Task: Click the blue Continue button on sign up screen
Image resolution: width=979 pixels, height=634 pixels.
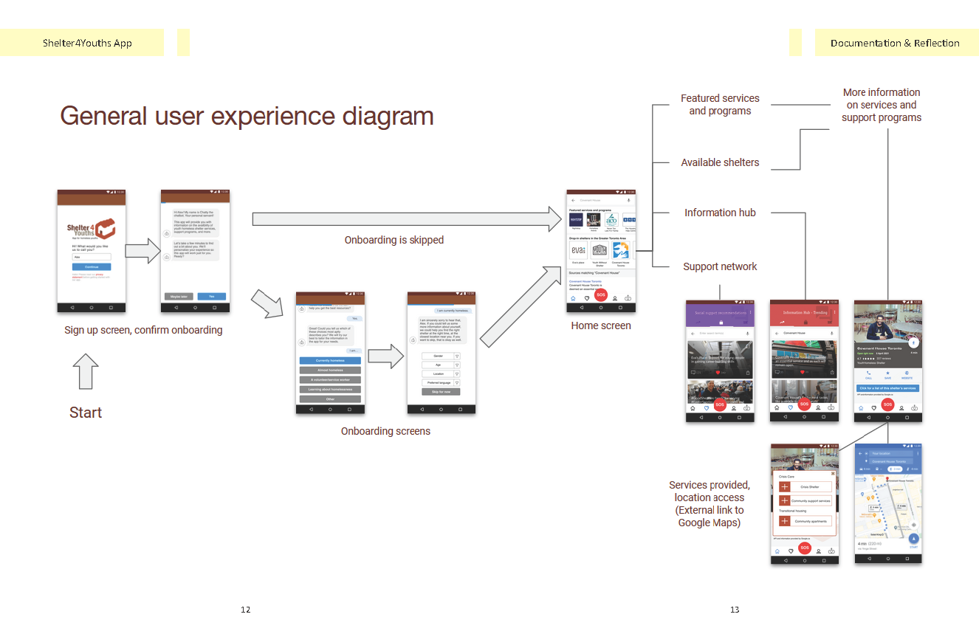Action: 92,266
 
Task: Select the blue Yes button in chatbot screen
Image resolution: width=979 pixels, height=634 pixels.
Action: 211,297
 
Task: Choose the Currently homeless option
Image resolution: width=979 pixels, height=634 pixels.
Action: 330,360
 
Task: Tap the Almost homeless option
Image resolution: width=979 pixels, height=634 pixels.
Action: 330,370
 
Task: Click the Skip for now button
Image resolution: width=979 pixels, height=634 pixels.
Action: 441,391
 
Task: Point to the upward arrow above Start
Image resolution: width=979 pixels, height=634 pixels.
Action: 86,371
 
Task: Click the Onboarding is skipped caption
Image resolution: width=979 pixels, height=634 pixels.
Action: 394,240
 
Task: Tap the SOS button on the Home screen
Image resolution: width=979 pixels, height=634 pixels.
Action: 601,295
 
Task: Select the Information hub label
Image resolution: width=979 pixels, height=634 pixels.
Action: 720,213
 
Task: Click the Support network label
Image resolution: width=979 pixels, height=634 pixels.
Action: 720,266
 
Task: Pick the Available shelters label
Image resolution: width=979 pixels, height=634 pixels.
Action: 720,162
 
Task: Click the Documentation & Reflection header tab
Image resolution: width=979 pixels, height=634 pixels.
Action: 895,43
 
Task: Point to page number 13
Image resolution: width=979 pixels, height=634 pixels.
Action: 735,610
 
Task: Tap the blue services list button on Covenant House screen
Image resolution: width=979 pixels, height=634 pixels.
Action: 887,388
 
